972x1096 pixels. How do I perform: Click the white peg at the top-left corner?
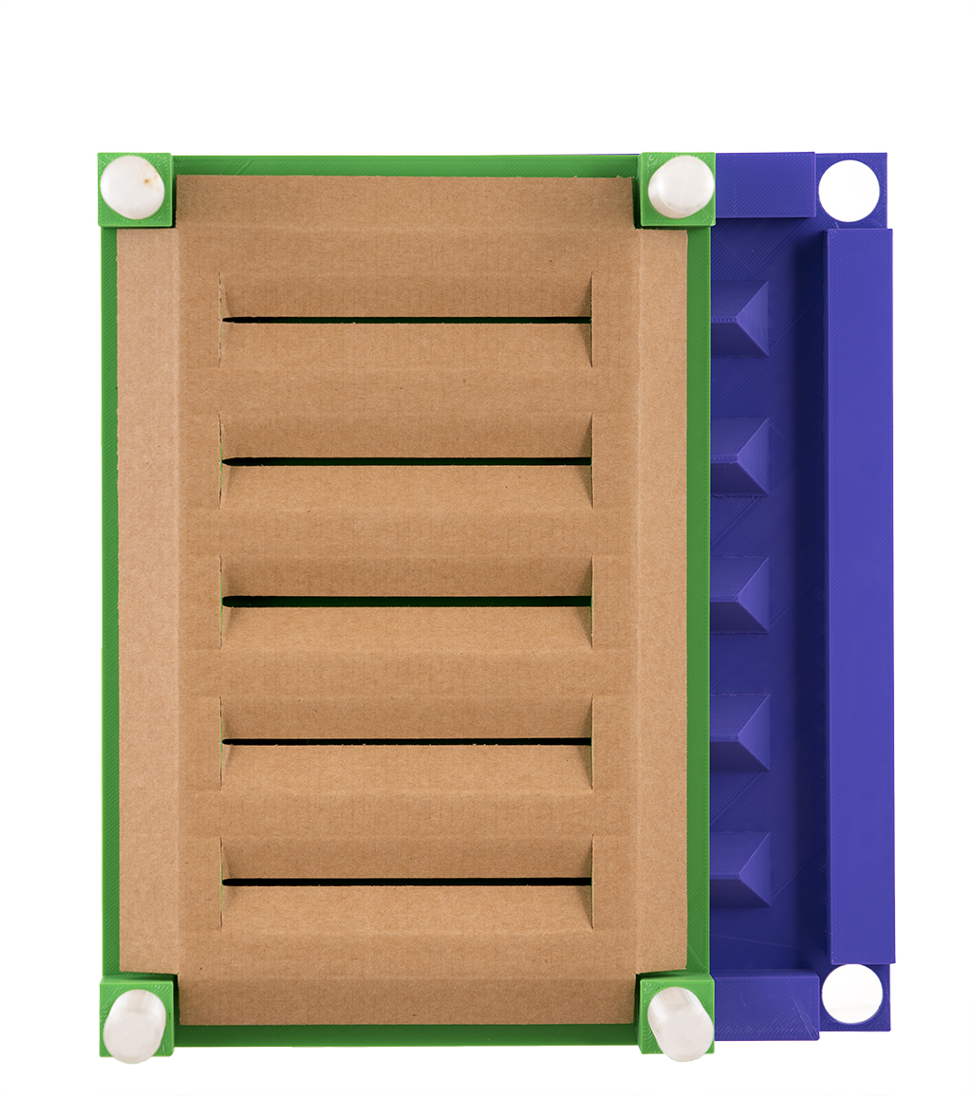pyautogui.click(x=133, y=188)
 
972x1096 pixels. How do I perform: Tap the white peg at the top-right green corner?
pyautogui.click(x=680, y=187)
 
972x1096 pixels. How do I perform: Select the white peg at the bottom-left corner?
pyautogui.click(x=135, y=1025)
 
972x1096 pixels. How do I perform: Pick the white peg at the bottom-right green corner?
pyautogui.click(x=680, y=1023)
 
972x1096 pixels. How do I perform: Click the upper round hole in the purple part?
pyautogui.click(x=849, y=190)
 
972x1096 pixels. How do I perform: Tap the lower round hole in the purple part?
pyautogui.click(x=851, y=994)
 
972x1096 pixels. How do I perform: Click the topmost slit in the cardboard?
pyautogui.click(x=406, y=320)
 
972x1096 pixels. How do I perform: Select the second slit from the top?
pyautogui.click(x=406, y=461)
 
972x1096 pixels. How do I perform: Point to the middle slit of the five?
pyautogui.click(x=406, y=601)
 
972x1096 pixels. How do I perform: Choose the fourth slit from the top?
pyautogui.click(x=406, y=741)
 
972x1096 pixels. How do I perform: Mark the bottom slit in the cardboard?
pyautogui.click(x=406, y=882)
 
